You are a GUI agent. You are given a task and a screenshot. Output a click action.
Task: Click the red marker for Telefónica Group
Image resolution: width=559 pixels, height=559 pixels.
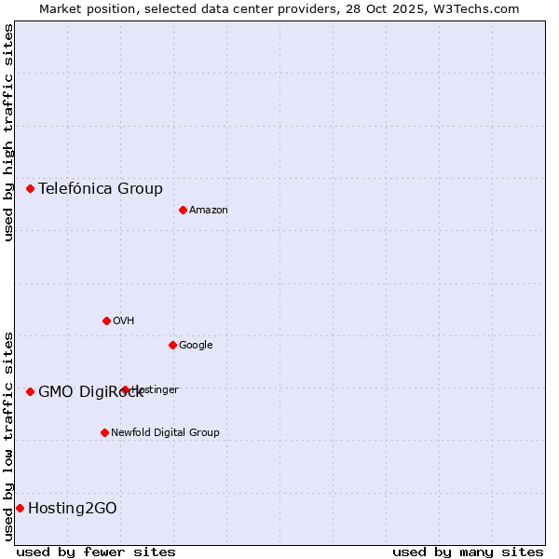click(x=30, y=188)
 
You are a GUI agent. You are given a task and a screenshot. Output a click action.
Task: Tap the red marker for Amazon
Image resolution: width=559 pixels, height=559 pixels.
click(x=183, y=210)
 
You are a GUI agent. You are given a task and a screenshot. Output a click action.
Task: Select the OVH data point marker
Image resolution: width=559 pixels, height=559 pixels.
click(x=106, y=320)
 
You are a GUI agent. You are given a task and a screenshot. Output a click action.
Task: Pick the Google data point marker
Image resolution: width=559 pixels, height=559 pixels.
click(x=172, y=345)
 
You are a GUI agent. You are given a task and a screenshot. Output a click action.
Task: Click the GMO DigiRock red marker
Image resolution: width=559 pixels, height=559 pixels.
click(x=30, y=391)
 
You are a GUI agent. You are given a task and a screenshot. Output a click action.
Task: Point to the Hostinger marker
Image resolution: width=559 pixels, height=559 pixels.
click(x=125, y=389)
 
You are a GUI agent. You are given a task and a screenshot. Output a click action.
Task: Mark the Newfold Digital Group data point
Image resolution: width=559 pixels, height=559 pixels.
click(x=104, y=432)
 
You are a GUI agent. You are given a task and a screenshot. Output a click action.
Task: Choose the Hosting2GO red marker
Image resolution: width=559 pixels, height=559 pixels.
click(x=20, y=508)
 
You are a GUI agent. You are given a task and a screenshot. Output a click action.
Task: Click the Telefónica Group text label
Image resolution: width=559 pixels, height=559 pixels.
click(x=101, y=188)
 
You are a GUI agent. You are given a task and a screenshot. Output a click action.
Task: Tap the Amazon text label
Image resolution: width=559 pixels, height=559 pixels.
click(x=209, y=210)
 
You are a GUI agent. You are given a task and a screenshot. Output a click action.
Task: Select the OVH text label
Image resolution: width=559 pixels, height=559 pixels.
click(x=124, y=320)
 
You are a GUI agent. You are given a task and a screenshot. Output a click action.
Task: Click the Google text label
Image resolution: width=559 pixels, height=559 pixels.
click(x=196, y=345)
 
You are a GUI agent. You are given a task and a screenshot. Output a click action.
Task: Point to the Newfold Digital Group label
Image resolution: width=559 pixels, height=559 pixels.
click(x=165, y=432)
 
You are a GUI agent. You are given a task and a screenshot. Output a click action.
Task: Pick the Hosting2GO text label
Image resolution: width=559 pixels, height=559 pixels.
click(x=73, y=508)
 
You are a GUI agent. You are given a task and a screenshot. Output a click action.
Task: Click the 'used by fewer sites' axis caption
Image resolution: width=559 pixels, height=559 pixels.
click(x=96, y=552)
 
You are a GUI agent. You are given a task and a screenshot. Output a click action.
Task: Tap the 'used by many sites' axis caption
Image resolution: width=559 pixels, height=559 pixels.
click(x=468, y=552)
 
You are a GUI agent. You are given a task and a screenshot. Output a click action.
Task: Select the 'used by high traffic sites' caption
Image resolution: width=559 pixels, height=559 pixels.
click(x=8, y=132)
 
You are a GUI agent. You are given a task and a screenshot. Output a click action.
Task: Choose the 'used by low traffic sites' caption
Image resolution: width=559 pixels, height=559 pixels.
click(x=8, y=435)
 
